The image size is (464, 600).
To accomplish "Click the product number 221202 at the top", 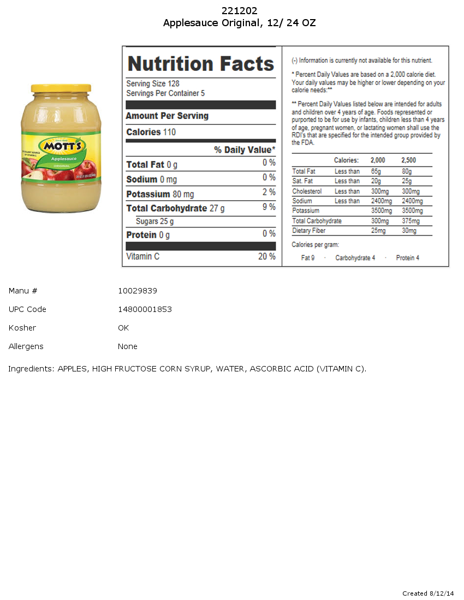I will [239, 11].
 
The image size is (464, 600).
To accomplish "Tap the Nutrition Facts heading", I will [200, 64].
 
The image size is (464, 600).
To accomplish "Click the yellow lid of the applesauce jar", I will [61, 88].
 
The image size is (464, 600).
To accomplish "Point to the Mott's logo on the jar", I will [62, 146].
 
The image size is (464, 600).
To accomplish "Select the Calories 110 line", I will [151, 132].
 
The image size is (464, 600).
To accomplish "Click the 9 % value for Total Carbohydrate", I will [269, 207].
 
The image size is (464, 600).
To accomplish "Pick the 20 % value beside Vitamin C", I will [266, 256].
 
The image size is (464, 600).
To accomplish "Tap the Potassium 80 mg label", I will [160, 194].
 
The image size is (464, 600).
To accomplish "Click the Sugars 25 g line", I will [154, 221].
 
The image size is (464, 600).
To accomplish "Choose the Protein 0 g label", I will [148, 235].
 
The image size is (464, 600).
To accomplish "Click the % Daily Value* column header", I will [245, 150].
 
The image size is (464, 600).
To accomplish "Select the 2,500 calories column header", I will [408, 160].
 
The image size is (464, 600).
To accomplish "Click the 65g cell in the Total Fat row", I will [376, 171].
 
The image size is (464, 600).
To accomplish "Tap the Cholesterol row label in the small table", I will [307, 191].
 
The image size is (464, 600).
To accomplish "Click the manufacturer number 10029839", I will [138, 291].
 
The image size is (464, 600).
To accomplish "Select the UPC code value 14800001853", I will [145, 309].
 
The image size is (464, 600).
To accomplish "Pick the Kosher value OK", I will [123, 328].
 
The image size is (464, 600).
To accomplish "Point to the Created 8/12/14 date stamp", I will [428, 593].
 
